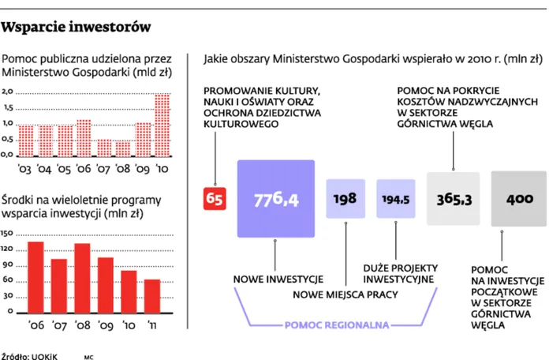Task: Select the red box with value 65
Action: (215, 199)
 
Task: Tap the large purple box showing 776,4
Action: (275, 199)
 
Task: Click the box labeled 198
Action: (345, 199)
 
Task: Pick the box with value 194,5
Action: (396, 199)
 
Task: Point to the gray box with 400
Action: (519, 199)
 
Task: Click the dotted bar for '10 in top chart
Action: (162, 125)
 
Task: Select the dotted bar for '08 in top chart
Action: (122, 148)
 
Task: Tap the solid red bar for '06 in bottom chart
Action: (35, 276)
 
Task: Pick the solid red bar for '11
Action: (152, 295)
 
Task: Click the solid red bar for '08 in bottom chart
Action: (82, 277)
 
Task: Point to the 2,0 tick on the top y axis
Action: (7, 92)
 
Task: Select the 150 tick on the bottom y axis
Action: (8, 234)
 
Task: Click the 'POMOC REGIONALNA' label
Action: (331, 324)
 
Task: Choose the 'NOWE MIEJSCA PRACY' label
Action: (345, 295)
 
